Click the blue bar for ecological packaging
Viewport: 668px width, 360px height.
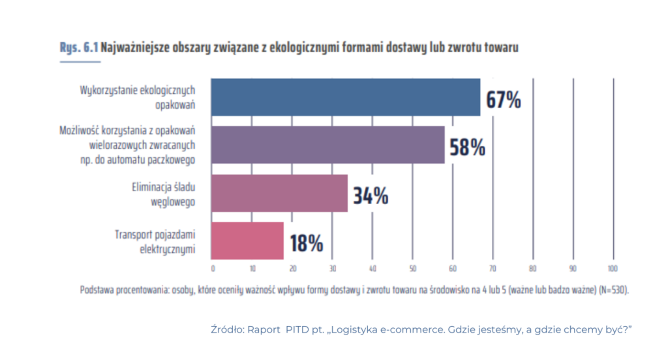coord(346,97)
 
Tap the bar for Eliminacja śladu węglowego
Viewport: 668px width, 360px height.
coord(280,193)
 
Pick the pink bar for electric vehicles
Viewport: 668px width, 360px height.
coord(248,241)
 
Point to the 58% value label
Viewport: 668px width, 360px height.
coord(467,147)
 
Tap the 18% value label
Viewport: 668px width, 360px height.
coord(307,243)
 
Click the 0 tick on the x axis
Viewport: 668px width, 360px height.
coord(213,268)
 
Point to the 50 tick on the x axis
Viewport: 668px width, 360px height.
coord(412,268)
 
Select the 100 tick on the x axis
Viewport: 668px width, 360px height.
coord(613,268)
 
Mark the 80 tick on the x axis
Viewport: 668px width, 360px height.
coord(532,268)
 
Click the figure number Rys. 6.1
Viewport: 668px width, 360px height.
coord(79,48)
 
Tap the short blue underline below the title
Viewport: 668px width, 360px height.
coord(80,62)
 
